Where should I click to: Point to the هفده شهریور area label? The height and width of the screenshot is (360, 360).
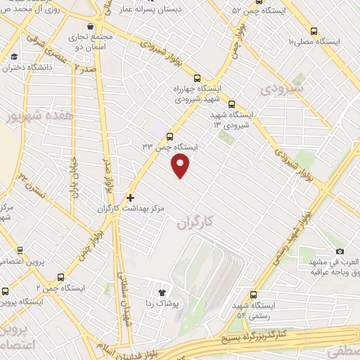coord(30,114)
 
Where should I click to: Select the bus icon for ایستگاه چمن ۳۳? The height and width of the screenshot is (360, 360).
coord(169,136)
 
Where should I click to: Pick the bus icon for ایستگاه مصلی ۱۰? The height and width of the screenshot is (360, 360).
coord(314,30)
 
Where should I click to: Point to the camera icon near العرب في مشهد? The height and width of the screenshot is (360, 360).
coord(340,251)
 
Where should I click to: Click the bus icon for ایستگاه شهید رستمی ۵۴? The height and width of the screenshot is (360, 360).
coord(255,295)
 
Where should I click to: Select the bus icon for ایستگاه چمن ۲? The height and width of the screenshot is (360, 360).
coord(60,277)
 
